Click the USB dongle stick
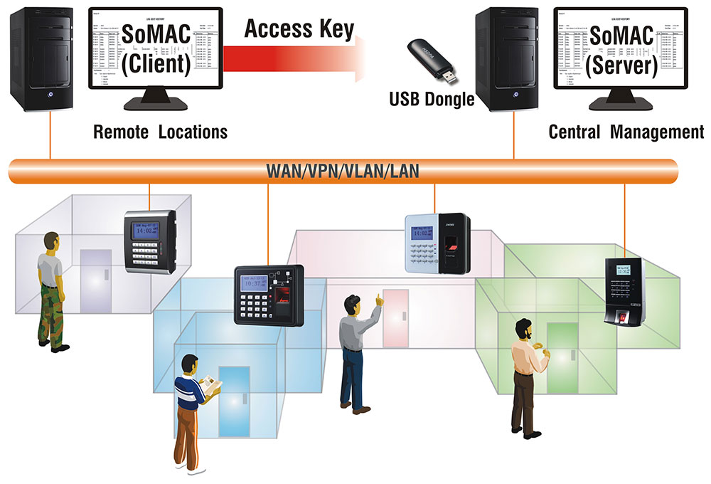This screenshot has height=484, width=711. (x=431, y=60)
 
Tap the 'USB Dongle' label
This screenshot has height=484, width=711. (x=432, y=99)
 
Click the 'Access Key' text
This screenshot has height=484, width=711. (x=299, y=29)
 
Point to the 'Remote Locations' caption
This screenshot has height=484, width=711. (x=161, y=132)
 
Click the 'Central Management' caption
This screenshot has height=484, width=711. (x=626, y=132)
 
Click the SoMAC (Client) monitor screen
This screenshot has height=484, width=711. (x=155, y=48)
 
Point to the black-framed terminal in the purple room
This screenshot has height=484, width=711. (x=149, y=241)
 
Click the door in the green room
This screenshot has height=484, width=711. (x=562, y=356)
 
